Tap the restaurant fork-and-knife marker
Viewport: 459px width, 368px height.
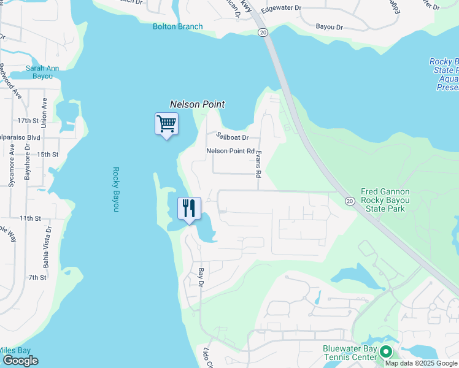coord(189,209)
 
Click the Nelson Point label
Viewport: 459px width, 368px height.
coord(197,105)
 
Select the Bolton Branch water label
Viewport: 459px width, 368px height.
coord(177,26)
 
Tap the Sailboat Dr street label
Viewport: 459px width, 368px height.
coord(231,137)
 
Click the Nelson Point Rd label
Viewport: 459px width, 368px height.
coord(230,151)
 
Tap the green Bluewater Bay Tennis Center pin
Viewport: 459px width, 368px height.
coord(386,352)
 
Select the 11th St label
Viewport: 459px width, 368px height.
coord(29,218)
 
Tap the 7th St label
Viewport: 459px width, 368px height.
coord(37,278)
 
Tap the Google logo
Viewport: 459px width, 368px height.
coord(20,361)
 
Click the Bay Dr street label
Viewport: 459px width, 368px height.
coord(200,277)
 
